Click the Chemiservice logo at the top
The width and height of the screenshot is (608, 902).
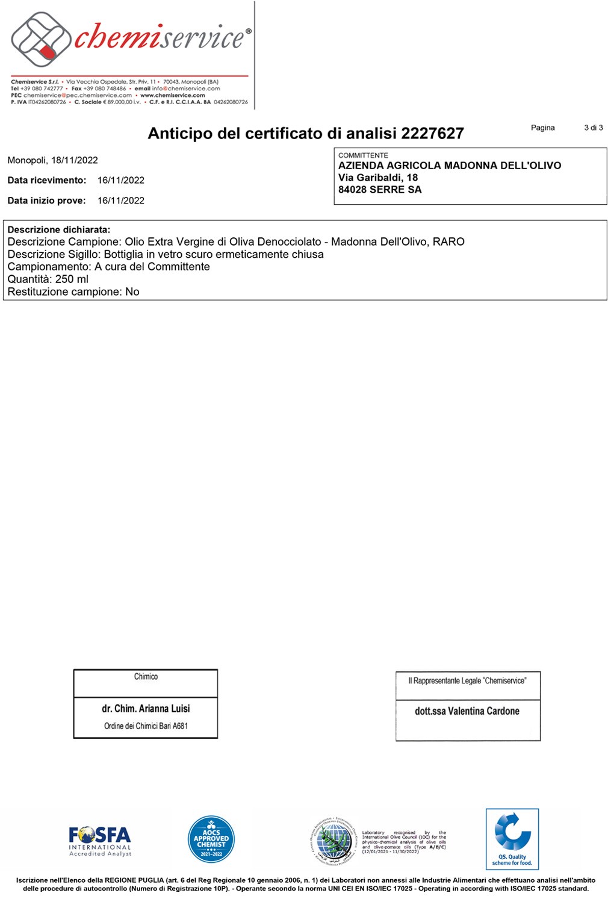pyautogui.click(x=129, y=39)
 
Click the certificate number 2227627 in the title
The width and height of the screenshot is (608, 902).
pyautogui.click(x=432, y=133)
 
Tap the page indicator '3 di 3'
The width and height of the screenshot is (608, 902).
pyautogui.click(x=593, y=128)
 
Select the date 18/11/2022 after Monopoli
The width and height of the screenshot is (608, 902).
pyautogui.click(x=74, y=160)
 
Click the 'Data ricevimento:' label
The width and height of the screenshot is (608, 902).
pyautogui.click(x=47, y=180)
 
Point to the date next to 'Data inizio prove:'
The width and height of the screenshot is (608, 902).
pyautogui.click(x=121, y=201)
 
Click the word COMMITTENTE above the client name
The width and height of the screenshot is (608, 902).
pyautogui.click(x=363, y=155)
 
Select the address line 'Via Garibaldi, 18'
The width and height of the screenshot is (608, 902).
pyautogui.click(x=378, y=178)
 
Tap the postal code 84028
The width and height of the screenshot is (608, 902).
pyautogui.click(x=352, y=190)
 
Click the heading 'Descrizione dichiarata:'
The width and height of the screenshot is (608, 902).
pyautogui.click(x=59, y=229)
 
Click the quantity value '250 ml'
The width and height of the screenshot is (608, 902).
pyautogui.click(x=72, y=279)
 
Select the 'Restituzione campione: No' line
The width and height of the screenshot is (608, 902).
pyautogui.click(x=73, y=292)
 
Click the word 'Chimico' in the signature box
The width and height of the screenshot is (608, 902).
pyautogui.click(x=146, y=677)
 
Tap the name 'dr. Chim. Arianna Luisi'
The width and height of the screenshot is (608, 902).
pyautogui.click(x=146, y=709)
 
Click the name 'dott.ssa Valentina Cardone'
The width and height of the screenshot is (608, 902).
pyautogui.click(x=467, y=711)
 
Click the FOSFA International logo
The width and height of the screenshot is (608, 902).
pyautogui.click(x=100, y=841)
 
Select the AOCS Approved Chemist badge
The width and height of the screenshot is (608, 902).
pyautogui.click(x=211, y=839)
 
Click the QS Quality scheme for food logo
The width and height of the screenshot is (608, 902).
pyautogui.click(x=512, y=839)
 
